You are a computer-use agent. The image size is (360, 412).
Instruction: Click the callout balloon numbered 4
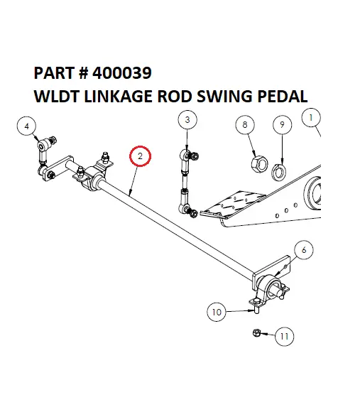26,126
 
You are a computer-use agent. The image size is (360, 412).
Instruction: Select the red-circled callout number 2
141,156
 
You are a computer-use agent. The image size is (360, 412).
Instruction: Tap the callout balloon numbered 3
187,120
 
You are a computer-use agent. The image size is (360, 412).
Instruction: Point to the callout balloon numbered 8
246,125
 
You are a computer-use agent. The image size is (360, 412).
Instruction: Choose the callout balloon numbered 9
282,125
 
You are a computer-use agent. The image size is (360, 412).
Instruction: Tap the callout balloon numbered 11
284,336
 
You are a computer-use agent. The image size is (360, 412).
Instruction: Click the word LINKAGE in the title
114,96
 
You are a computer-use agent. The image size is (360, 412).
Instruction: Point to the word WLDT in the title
55,96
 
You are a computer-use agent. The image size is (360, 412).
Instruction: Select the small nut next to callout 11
258,332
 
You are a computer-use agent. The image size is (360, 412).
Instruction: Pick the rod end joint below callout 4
44,146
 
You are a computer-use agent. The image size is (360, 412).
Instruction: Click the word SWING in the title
223,96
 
